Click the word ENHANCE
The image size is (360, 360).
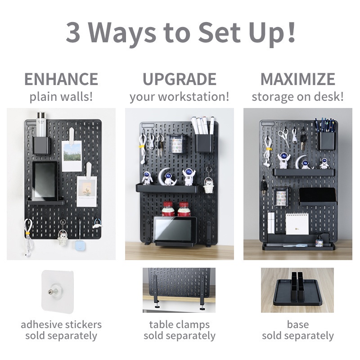click(61, 79)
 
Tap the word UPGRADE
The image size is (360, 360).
click(180, 79)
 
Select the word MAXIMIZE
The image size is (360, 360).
click(298, 79)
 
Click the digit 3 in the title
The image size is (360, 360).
click(73, 32)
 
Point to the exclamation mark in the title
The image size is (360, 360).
click(291, 32)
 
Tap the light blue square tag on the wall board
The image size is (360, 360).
click(80, 246)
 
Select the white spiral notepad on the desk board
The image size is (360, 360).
click(297, 223)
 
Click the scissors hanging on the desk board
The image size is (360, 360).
click(284, 137)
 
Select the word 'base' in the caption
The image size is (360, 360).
click(298, 324)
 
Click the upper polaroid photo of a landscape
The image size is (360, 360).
click(72, 156)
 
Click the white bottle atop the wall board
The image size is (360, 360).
click(41, 125)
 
